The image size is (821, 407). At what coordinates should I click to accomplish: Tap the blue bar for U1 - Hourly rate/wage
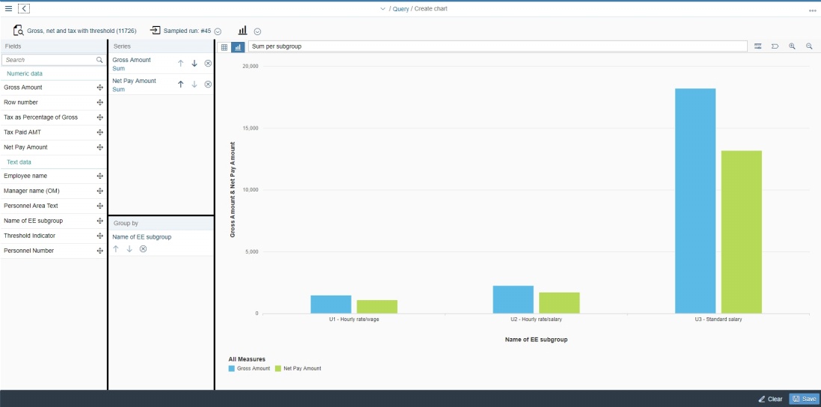[330, 305]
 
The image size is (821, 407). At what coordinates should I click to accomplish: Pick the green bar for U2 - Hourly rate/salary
[559, 303]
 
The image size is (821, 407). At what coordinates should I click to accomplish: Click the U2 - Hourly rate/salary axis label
[536, 319]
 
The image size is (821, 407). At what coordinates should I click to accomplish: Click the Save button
[805, 399]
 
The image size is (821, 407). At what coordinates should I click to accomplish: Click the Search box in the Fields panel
[49, 60]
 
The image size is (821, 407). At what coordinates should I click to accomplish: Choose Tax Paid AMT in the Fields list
[22, 132]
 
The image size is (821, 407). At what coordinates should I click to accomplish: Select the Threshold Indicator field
[29, 236]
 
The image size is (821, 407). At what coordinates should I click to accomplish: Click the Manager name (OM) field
[31, 191]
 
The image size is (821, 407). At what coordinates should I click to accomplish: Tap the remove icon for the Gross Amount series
[208, 64]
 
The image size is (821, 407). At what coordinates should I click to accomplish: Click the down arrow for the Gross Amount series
[194, 64]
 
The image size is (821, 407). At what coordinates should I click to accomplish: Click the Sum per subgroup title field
[497, 46]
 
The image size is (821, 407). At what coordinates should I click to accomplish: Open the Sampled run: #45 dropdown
[218, 31]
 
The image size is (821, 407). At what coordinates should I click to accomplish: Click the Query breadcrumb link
[401, 9]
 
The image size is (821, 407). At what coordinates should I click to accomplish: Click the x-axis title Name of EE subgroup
[536, 340]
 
